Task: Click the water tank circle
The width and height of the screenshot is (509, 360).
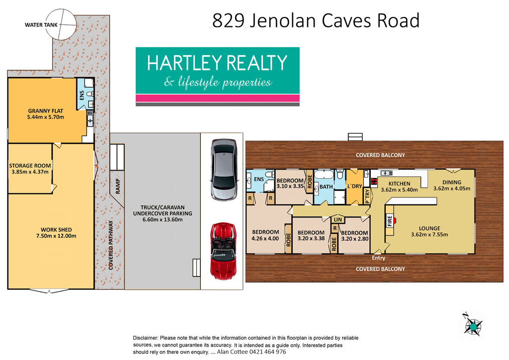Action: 61,24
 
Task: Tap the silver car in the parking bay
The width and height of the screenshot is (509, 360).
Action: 224,170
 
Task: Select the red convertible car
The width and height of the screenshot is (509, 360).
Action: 223,251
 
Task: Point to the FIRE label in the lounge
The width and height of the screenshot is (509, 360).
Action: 390,221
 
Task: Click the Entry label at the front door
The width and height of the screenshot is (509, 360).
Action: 378,258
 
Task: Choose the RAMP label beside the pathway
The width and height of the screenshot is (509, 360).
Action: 117,186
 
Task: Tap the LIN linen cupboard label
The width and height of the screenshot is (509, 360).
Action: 338,219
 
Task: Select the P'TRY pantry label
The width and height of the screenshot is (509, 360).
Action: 367,196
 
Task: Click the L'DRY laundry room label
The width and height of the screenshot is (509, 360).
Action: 354,186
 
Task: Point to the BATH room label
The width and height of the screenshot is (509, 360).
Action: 326,186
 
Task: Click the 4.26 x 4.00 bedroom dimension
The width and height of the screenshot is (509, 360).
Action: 265,238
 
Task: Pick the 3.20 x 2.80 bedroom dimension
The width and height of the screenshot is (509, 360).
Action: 354,239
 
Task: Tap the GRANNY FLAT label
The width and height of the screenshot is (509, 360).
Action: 45,111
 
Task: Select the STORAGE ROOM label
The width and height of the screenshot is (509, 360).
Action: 30,166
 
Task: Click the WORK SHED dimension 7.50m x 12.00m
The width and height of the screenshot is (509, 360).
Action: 56,236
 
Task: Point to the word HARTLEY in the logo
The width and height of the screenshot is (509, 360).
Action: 184,63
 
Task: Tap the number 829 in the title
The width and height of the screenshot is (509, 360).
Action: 228,20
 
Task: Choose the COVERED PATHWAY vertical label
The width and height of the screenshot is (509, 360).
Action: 111,245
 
